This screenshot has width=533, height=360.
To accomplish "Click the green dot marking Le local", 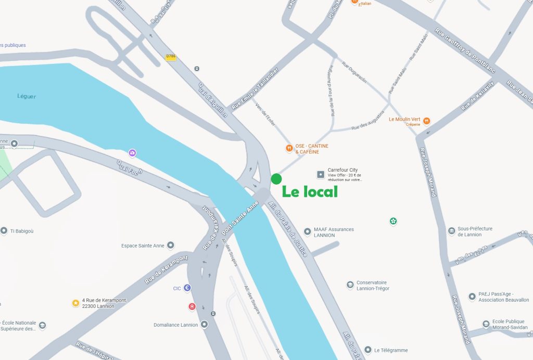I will click(x=276, y=179).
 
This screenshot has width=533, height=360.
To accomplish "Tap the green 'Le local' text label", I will click(x=310, y=191).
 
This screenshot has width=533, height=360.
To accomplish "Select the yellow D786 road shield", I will click(x=171, y=57).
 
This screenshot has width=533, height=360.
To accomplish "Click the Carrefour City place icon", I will click(x=321, y=173).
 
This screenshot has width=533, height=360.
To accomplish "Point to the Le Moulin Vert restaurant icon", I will click(x=427, y=121).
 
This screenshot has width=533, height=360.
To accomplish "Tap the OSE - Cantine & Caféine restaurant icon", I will click(x=289, y=149).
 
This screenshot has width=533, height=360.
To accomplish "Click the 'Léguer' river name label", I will click(x=27, y=96).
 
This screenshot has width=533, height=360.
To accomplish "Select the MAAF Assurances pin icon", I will click(x=308, y=230).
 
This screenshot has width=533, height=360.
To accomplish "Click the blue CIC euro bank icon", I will click(x=187, y=288).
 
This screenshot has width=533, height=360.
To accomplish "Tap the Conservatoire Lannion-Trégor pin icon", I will click(x=350, y=285).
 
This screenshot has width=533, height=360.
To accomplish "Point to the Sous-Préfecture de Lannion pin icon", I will click(x=451, y=230).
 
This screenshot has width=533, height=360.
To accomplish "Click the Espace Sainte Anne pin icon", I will click(x=171, y=245).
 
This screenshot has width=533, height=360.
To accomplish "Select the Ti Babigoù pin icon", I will click(x=4, y=230).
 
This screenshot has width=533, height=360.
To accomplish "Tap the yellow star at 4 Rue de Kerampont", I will click(x=75, y=303).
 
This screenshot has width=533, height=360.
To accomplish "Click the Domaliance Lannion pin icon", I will click(x=205, y=324).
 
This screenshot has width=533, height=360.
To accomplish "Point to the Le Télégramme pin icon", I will click(x=368, y=350).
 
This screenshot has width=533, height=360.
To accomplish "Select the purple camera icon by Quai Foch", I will click(x=133, y=152).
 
